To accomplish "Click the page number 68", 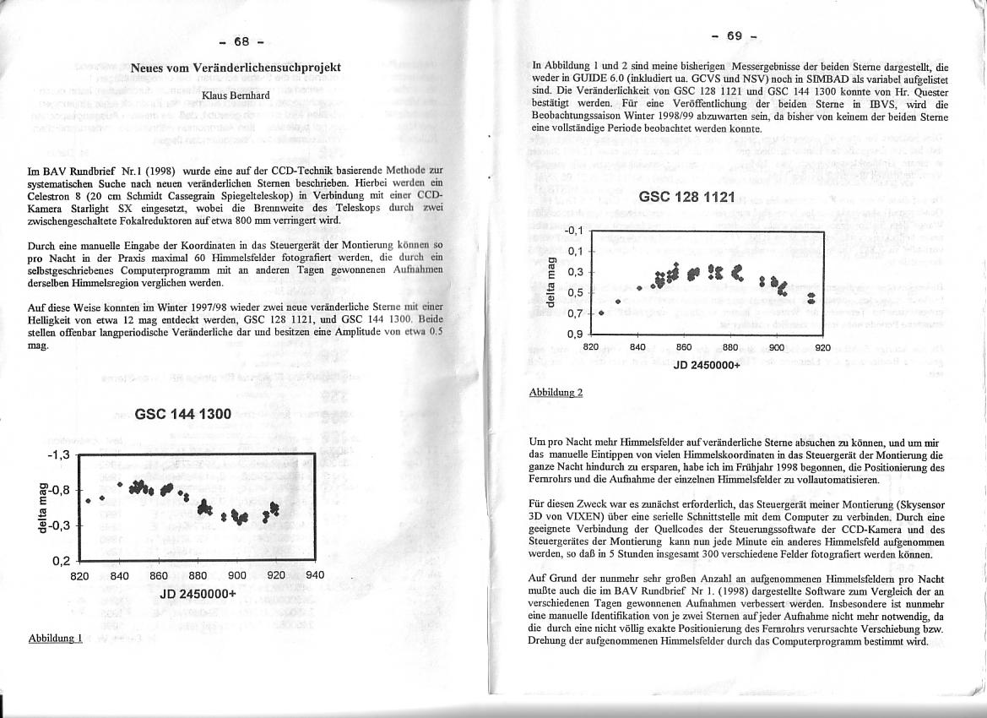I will pyautogui.click(x=241, y=42).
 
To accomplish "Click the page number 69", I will pyautogui.click(x=734, y=36).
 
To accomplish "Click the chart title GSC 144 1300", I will pyautogui.click(x=182, y=415).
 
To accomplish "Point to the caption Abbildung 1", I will pyautogui.click(x=56, y=638).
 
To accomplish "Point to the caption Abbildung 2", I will pyautogui.click(x=556, y=393).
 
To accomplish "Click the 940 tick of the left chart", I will pyautogui.click(x=314, y=576).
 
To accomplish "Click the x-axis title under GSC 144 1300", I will pyautogui.click(x=198, y=593).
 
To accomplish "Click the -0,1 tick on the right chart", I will pyautogui.click(x=574, y=231).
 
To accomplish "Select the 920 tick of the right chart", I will pyautogui.click(x=822, y=347).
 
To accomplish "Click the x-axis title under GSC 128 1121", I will pyautogui.click(x=706, y=365).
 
